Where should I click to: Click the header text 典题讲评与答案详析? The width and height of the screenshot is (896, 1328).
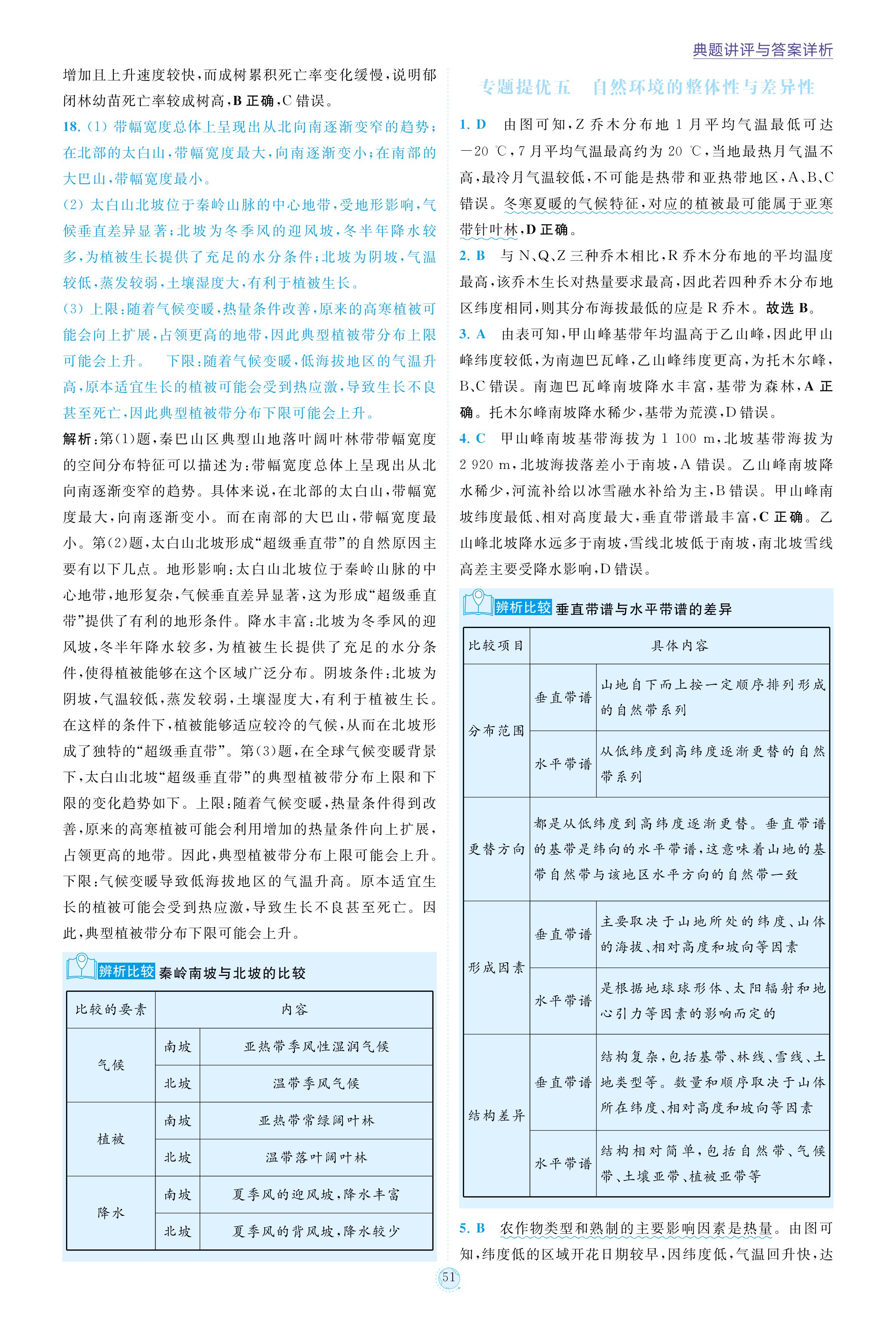[762, 50]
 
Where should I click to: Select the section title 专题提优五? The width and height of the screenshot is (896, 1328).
[524, 88]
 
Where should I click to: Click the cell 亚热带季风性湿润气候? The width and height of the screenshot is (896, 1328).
[316, 1046]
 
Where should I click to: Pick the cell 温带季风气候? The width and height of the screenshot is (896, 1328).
[316, 1083]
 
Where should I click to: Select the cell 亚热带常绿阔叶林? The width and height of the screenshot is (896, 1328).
[316, 1121]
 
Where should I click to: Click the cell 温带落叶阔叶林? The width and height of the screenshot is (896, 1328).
[316, 1157]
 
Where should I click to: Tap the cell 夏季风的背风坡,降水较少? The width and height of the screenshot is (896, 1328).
[316, 1231]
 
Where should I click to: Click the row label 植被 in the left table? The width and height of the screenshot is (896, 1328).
[111, 1139]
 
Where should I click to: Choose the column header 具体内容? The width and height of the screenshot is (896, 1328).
[679, 645]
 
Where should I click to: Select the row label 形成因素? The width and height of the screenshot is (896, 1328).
[496, 968]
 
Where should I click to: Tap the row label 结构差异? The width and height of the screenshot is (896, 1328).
[496, 1116]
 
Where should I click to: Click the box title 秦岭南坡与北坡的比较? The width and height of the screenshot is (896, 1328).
[232, 973]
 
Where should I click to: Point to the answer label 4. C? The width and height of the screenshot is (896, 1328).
[473, 438]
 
